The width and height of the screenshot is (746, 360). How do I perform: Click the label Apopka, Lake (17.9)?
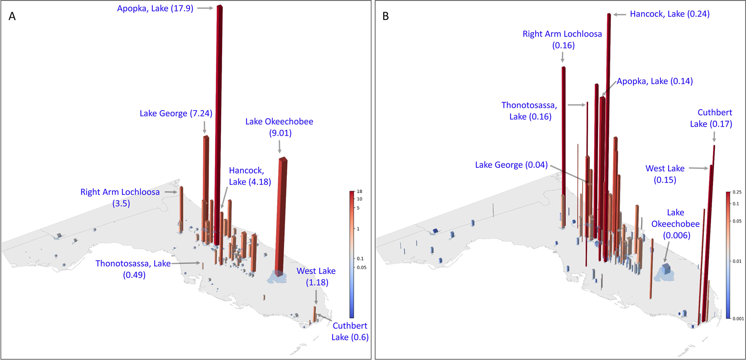tap(155, 9)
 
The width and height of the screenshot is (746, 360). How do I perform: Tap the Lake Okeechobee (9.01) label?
tap(279, 127)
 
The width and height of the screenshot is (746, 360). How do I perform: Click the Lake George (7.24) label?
tap(176, 114)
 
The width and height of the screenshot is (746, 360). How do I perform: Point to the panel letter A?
tap(12, 17)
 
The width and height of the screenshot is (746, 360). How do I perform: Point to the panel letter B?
tap(385, 17)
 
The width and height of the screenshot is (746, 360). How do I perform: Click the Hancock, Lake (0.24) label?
tap(670, 14)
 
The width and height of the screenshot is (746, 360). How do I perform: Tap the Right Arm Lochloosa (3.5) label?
tap(120, 198)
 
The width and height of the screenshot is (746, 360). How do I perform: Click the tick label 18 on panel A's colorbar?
tap(359, 192)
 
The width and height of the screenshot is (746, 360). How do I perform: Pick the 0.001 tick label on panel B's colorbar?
tap(737, 318)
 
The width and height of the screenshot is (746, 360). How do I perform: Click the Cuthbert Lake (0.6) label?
tap(350, 331)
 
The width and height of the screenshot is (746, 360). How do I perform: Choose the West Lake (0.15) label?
tap(665, 174)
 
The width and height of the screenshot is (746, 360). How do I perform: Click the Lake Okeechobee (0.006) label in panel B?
tap(675, 224)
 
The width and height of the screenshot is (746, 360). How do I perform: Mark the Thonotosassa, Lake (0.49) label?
tap(133, 269)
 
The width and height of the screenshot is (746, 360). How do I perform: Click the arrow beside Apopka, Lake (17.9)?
tap(205, 8)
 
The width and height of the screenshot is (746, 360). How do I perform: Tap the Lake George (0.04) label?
tap(511, 165)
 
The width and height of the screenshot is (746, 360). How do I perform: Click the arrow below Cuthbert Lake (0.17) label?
tap(714, 136)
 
